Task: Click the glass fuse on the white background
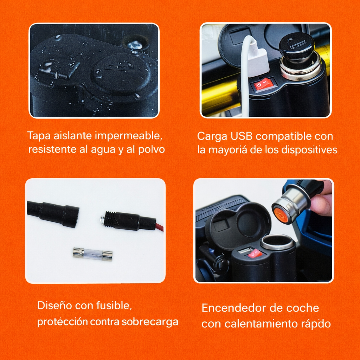click(92, 254)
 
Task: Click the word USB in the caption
click(244, 136)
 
